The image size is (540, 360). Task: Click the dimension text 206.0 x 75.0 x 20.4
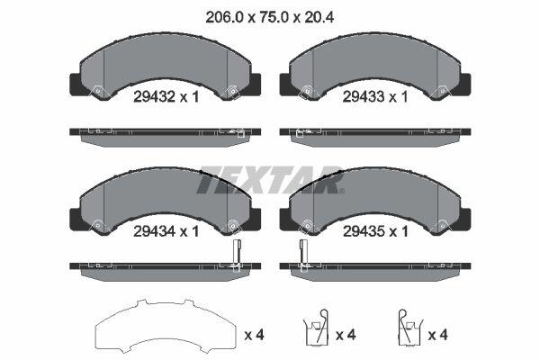[269, 17]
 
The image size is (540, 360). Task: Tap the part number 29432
[154, 97]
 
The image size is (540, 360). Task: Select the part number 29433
[364, 97]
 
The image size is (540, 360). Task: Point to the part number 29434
[154, 231]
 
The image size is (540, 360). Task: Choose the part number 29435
[364, 231]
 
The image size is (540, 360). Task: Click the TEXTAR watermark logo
[270, 180]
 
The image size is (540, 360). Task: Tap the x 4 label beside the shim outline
[254, 335]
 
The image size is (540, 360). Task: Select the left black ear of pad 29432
[76, 85]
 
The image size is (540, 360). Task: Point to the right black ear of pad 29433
[465, 85]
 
